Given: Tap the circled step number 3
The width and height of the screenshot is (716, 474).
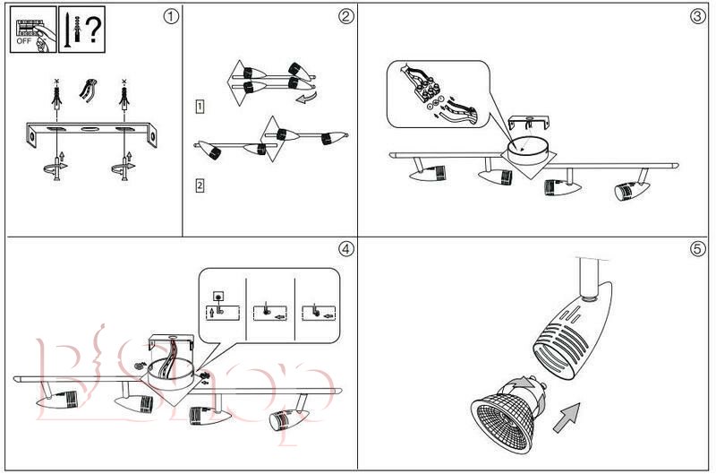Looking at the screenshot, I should (x=699, y=15).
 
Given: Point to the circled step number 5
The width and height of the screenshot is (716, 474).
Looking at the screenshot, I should (x=699, y=248).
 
